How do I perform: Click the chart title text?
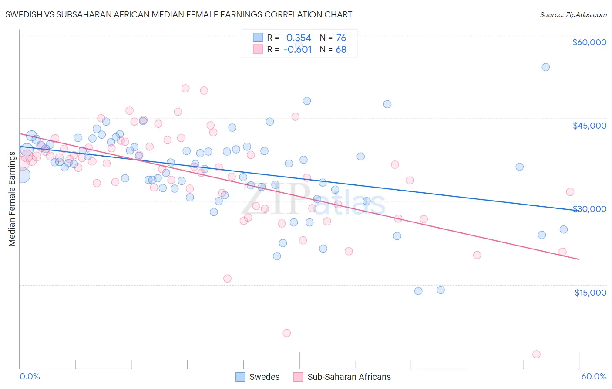coord(178,14)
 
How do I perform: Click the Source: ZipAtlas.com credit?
coord(573,15)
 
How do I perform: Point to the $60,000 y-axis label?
coord(589,42)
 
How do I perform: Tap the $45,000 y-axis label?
coord(589,126)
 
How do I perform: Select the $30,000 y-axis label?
coord(589,209)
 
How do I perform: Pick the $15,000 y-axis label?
coord(590,293)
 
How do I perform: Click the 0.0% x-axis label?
coord(30,376)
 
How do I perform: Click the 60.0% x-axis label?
coord(594,376)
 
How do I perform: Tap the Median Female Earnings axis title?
coord(12,199)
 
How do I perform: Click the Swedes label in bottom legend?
coord(264,377)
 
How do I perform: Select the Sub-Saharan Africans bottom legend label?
coord(349,377)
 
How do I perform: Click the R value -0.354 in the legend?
coord(297,38)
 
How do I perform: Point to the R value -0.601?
coord(297,49)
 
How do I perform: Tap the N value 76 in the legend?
coord(341,38)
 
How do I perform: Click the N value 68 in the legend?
coord(341,49)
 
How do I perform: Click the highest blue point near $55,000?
coord(545,67)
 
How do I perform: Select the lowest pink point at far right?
coord(536,355)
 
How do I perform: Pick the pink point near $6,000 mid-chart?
coord(286,333)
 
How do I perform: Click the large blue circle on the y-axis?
coord(22,175)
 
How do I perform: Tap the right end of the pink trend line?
coord(579,259)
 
